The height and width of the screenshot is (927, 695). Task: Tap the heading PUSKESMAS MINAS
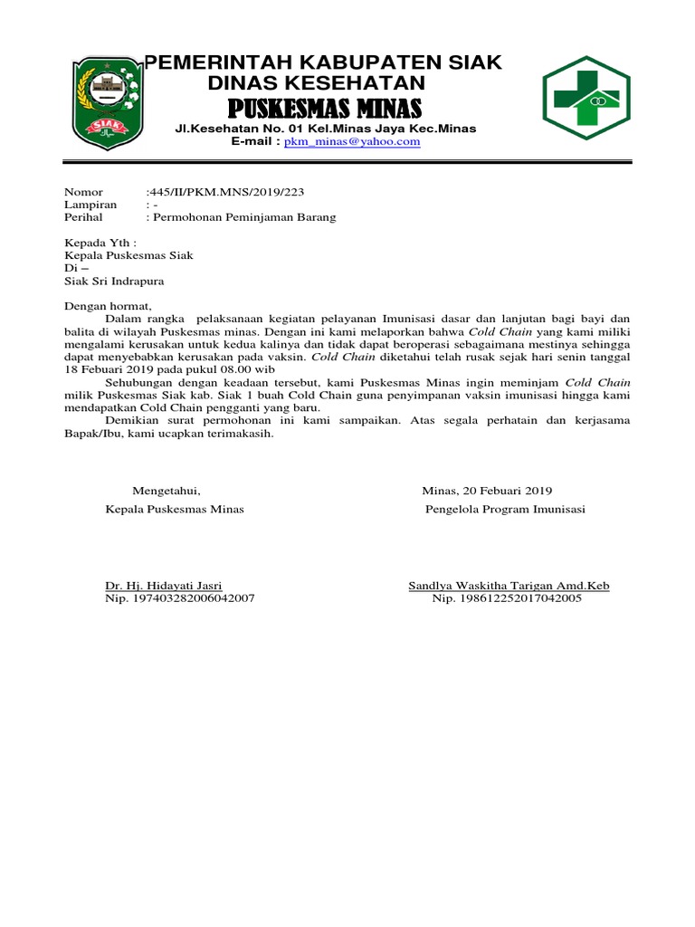[324, 110]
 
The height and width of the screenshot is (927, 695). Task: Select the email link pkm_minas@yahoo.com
[352, 142]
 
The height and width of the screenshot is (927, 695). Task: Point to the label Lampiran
[90, 205]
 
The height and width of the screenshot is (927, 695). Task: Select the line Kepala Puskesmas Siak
[128, 256]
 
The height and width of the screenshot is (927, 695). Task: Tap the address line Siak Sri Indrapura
[113, 282]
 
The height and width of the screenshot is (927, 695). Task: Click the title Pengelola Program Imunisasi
[505, 510]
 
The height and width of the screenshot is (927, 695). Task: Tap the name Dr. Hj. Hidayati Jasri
[163, 586]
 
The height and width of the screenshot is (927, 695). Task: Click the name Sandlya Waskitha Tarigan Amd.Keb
[509, 586]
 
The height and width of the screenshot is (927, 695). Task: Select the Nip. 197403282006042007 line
[179, 598]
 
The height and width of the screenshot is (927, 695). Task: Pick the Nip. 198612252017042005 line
[507, 598]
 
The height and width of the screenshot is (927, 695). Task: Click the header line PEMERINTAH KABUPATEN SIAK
[323, 62]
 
